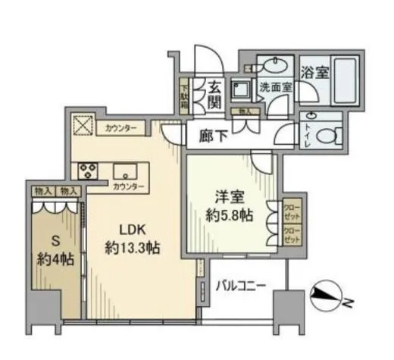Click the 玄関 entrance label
[x=214, y=94]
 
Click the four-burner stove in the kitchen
[x=85, y=170]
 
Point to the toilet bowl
[x=326, y=137]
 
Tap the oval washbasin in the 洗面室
[x=274, y=67]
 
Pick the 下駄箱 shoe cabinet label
[x=183, y=95]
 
